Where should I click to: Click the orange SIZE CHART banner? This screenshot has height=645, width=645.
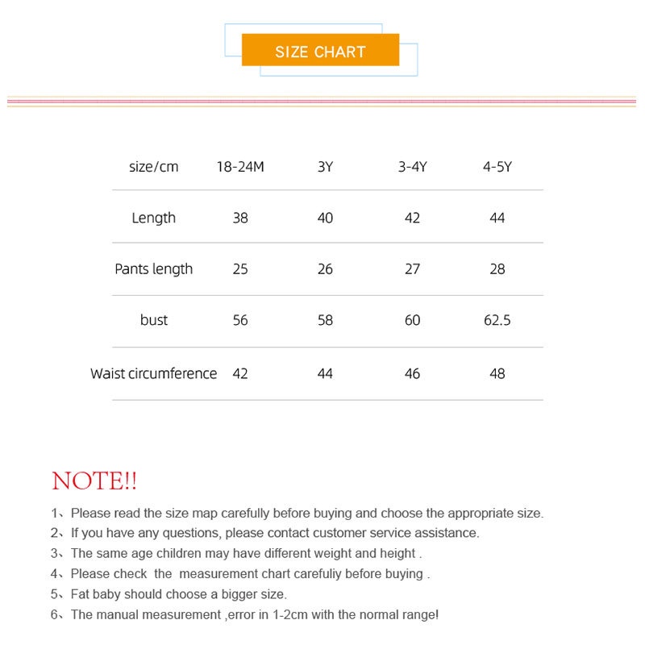(320, 51)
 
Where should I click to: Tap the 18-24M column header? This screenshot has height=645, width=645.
(239, 167)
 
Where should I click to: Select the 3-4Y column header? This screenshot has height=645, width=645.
(412, 167)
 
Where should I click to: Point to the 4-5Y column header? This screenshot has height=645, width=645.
(497, 167)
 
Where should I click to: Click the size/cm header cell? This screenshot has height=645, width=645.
(153, 167)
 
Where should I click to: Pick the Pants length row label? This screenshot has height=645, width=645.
(153, 268)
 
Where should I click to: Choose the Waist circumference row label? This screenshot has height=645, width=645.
(153, 373)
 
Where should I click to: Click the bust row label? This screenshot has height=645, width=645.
(153, 320)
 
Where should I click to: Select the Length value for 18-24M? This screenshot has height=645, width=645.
(239, 218)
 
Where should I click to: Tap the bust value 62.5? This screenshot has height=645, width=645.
(497, 320)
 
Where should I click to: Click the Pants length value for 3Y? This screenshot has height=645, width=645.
(325, 268)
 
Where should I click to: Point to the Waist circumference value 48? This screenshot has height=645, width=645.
(497, 373)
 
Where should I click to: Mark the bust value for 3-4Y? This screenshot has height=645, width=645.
(412, 320)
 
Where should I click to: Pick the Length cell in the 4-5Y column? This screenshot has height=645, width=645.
(497, 218)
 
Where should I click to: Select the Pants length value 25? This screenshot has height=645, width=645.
(239, 268)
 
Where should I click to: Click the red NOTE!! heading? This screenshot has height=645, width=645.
(94, 481)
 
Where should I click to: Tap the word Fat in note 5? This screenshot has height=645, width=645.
(81, 594)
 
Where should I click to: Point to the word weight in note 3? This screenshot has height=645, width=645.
(333, 553)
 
